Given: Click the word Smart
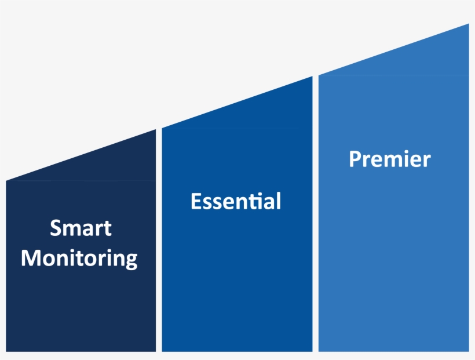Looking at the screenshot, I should pos(81,228).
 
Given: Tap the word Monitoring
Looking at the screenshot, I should pos(79,258).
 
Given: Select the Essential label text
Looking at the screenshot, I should pos(236,201).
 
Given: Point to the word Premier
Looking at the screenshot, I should pos(389,159).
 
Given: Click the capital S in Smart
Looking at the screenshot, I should pos(56,228).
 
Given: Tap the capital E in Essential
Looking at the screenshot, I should pos(196,201).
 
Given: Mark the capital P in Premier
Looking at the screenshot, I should pos(355,159).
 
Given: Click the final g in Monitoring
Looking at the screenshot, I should pos(131,260).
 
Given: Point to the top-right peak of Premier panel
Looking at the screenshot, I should pos(468,25).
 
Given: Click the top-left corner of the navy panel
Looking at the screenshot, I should pos(6,181).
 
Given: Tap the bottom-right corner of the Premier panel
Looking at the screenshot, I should pos(468,351).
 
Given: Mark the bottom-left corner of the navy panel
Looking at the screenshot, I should pos(6,351).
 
